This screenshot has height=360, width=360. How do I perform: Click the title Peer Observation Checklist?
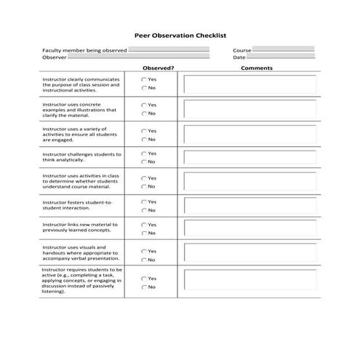(181, 34)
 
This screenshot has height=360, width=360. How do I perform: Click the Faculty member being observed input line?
(168, 49)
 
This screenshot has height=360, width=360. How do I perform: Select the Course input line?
(283, 49)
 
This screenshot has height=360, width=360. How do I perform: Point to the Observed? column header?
(158, 68)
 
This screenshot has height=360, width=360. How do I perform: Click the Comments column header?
(256, 68)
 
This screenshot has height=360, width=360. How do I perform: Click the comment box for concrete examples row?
(250, 109)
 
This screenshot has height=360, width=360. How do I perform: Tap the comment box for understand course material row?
(250, 181)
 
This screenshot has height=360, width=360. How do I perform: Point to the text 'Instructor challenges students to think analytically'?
(81, 158)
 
